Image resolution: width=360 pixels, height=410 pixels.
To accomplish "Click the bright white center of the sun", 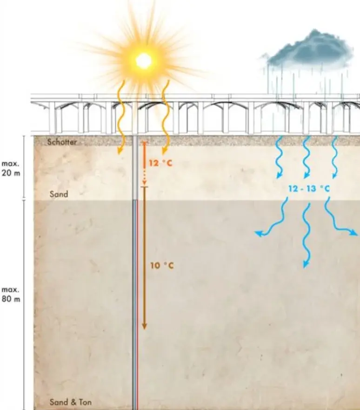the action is pos(143,60).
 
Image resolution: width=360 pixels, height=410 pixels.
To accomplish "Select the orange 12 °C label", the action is pos(160,163).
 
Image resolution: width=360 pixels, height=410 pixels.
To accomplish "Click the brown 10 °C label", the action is pos(162,266).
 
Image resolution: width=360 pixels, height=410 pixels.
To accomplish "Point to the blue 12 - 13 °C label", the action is pos(309,188).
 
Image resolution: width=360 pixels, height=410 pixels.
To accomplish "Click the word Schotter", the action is pos(62,142).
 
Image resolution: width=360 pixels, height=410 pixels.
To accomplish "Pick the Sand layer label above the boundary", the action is pos(59,194).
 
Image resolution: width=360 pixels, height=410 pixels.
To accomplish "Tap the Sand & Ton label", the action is pos(71,402).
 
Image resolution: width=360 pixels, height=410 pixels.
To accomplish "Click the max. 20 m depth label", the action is pos(11,168).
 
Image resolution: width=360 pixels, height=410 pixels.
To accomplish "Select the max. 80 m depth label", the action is pos(11,295).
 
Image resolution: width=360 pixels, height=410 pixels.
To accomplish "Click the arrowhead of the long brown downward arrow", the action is pos(144,326).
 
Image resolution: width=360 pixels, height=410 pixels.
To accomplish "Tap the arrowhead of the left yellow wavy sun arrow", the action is pos(120,151).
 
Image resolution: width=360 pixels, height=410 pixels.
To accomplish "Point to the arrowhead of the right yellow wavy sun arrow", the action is pos(164,151).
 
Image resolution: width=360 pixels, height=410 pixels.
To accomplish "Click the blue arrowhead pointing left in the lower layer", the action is pos(259,233).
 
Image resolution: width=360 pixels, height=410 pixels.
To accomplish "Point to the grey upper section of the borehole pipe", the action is pos(135,168).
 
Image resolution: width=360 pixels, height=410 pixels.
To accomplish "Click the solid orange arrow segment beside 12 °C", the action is pos(144,155).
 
